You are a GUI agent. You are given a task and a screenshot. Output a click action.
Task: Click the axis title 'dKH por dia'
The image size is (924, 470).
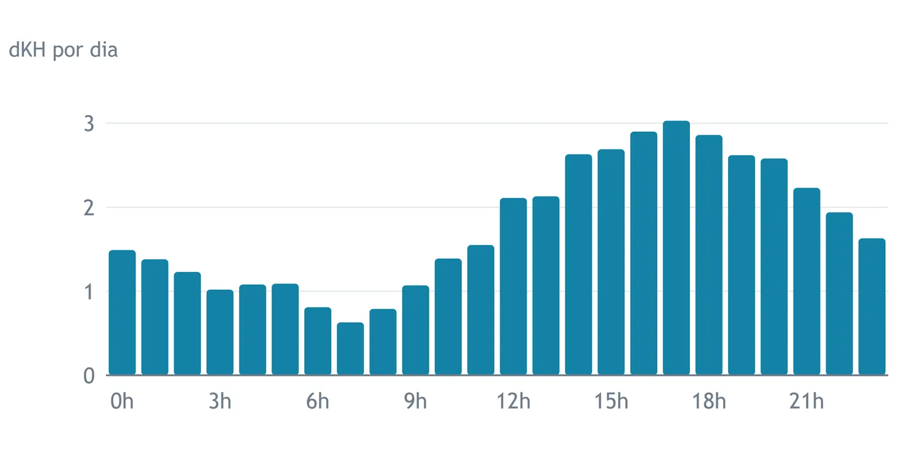click(x=63, y=50)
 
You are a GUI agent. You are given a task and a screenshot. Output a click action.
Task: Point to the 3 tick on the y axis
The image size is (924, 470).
click(x=89, y=124)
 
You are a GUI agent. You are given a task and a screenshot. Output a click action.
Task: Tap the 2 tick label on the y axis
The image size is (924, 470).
click(x=89, y=208)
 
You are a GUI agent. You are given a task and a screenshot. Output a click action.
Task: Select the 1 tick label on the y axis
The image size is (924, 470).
click(x=89, y=292)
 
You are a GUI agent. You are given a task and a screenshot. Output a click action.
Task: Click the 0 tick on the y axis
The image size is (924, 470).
click(x=89, y=376)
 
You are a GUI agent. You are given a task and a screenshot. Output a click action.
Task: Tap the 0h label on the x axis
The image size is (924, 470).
click(x=122, y=401)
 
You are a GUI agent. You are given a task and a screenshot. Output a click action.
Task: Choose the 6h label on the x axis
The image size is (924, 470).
click(x=318, y=401)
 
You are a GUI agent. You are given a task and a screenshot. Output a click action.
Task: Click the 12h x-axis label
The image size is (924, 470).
click(x=513, y=401)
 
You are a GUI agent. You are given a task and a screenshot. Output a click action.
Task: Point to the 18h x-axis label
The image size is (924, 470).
click(x=708, y=401)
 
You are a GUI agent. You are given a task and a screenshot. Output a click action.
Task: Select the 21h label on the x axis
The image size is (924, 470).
click(x=806, y=401)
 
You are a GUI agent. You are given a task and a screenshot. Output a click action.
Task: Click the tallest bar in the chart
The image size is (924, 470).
click(x=676, y=247)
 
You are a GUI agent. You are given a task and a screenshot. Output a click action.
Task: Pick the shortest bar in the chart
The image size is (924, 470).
click(x=351, y=348)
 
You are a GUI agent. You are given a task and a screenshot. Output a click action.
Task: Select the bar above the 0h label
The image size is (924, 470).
click(x=122, y=313)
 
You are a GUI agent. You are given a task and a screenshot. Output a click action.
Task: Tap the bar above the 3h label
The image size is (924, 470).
click(x=220, y=332)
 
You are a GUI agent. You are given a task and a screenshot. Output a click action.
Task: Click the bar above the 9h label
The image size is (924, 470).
click(x=415, y=330)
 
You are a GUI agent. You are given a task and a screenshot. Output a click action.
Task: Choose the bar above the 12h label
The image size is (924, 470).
click(x=513, y=286)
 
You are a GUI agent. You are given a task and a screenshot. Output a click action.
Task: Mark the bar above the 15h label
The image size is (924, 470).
click(x=611, y=262)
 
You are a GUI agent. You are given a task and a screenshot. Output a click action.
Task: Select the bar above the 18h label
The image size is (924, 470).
click(x=708, y=255)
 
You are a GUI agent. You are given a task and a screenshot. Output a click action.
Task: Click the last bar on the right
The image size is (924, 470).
click(x=872, y=306)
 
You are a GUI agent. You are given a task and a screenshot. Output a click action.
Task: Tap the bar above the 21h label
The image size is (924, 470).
click(x=806, y=281)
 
